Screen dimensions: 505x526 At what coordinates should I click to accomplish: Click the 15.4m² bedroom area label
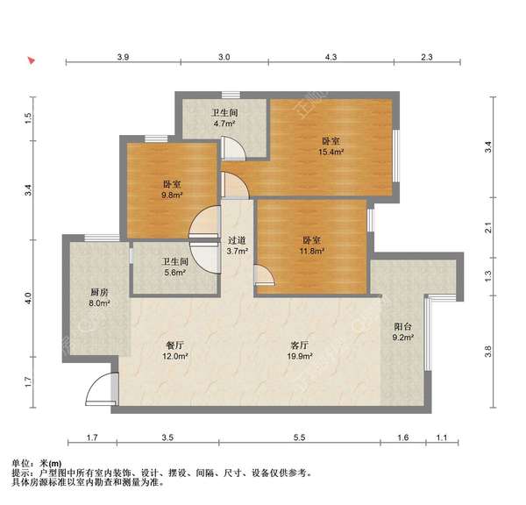(x=331, y=146)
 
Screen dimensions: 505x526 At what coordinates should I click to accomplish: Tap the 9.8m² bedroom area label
(x=171, y=189)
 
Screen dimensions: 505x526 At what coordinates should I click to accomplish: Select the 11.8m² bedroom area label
(x=312, y=245)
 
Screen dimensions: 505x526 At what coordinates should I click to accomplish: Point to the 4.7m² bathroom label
(x=225, y=118)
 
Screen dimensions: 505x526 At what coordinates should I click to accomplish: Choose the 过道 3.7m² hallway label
(x=237, y=245)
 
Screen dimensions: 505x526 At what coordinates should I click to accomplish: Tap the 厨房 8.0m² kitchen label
(x=99, y=298)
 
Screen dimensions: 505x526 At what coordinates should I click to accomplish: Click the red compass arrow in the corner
(x=32, y=61)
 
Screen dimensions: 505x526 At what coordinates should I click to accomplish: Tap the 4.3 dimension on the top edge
(x=331, y=57)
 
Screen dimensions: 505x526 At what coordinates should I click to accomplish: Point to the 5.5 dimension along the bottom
(x=299, y=436)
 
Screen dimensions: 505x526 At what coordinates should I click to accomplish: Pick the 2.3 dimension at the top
(x=426, y=57)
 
